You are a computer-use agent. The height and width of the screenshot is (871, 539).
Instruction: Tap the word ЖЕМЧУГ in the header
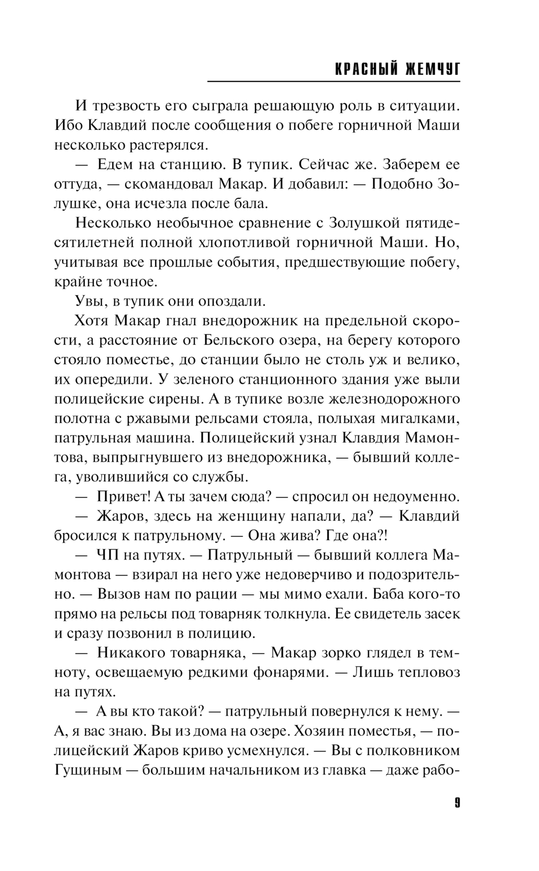(x=431, y=70)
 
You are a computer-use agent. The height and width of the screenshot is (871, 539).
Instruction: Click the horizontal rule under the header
(x=334, y=82)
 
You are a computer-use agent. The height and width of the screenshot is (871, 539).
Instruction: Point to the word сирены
(x=175, y=399)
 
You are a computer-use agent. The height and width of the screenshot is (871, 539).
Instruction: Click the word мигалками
(x=423, y=418)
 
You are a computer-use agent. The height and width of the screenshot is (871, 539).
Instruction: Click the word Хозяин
(x=350, y=731)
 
